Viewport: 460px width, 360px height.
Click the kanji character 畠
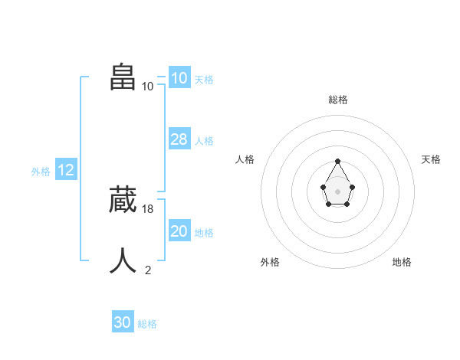point(123,77)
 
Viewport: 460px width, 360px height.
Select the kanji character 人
point(123,260)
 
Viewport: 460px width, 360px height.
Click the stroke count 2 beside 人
point(148,270)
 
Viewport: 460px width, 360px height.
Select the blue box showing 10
point(179,78)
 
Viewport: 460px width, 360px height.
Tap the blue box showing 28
point(179,139)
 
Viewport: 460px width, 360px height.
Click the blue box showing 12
point(65,170)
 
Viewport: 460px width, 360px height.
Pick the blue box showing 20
point(179,231)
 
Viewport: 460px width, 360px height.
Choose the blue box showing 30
point(122,322)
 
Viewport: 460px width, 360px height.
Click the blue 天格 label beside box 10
point(204,80)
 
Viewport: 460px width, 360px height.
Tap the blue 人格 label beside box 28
point(204,141)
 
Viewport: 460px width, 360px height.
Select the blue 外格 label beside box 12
point(41,172)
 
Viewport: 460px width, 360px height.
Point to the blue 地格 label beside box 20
point(204,233)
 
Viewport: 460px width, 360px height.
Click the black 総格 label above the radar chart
point(338,100)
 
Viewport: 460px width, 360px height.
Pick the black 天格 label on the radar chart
point(431,159)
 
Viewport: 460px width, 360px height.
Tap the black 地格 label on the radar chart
point(402,262)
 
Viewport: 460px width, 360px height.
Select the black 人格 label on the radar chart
point(245,159)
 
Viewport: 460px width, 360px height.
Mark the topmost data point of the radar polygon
point(338,161)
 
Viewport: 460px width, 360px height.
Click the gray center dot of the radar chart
point(338,191)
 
